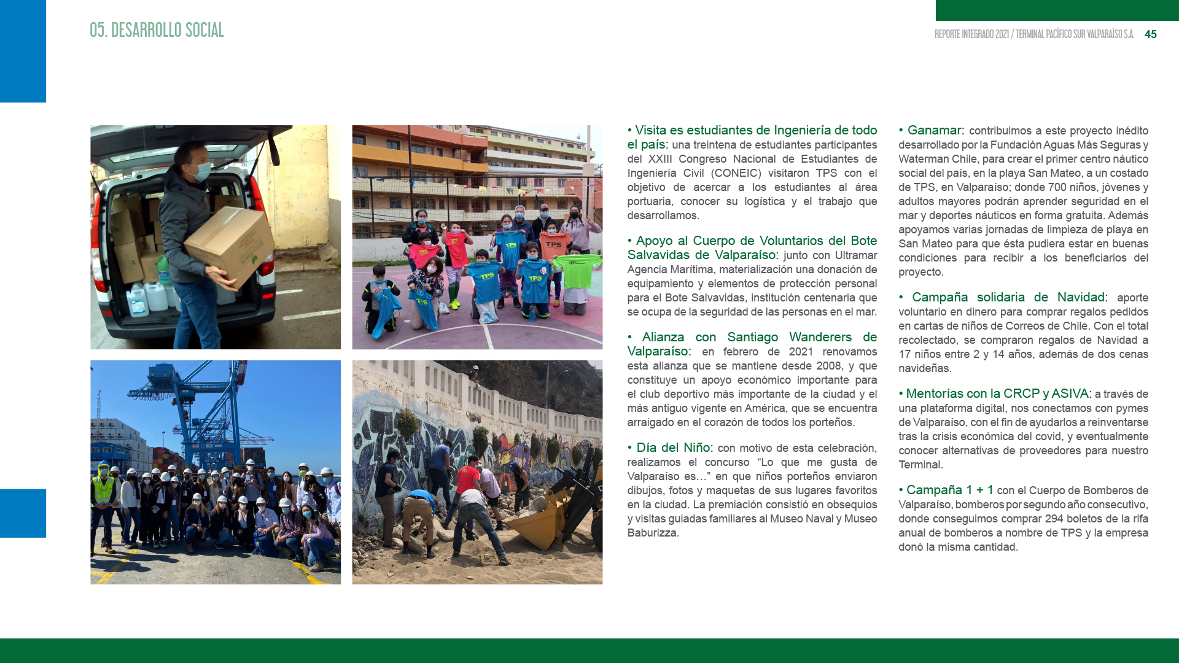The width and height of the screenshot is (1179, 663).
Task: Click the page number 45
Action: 1150,34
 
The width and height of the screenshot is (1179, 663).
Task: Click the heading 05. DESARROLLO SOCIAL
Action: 157,30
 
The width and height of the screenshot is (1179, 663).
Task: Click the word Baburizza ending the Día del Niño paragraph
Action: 652,533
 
